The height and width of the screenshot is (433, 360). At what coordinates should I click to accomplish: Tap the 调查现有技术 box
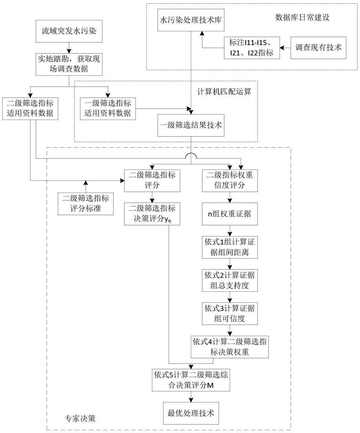point(318,47)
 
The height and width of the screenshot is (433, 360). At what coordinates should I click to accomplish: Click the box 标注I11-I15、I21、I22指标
point(252,47)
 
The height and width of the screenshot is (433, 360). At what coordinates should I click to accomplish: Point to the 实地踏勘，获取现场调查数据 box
point(69,64)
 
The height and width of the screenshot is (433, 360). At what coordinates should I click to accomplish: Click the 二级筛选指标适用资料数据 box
point(30,108)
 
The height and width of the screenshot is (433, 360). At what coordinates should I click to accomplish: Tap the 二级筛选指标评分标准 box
point(85,203)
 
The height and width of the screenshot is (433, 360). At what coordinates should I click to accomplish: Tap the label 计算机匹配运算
point(227,91)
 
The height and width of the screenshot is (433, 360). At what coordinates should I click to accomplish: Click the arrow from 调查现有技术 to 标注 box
point(285,47)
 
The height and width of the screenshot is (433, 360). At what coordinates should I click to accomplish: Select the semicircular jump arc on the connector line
point(191,156)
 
